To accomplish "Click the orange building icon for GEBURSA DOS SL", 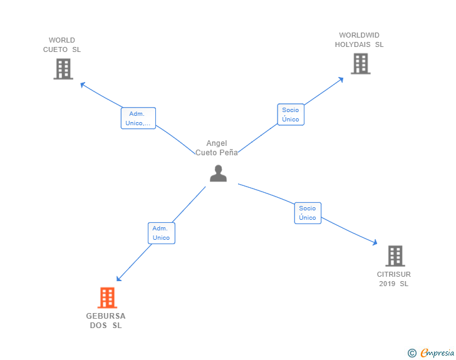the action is tap(107, 297).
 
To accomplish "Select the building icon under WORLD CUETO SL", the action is tap(63, 69).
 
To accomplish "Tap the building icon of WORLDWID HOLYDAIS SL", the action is tap(361, 64).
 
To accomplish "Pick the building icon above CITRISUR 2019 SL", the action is tap(395, 256).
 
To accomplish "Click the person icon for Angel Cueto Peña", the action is tap(218, 173).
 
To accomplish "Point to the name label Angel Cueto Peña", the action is tap(217, 148).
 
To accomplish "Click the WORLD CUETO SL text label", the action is tap(62, 45).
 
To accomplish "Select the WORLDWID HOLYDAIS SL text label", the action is tap(359, 40).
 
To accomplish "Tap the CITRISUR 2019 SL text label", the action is tap(394, 279).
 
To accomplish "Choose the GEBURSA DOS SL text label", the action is tap(106, 321).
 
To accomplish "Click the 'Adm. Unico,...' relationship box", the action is tap(138, 118).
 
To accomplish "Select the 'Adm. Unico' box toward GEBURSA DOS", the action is tap(162, 233).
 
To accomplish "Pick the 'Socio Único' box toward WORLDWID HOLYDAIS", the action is tap(291, 115).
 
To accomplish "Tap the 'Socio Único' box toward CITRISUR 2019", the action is tap(308, 213).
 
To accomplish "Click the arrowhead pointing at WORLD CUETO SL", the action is tap(83, 85).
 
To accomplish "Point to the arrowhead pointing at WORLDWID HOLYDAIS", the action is tap(341, 80).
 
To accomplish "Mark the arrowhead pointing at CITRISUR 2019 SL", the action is tap(375, 242).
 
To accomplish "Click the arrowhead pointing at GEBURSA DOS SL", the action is tap(118, 279).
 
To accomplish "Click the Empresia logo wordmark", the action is tap(437, 353).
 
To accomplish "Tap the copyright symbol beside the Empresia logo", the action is tap(412, 353).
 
